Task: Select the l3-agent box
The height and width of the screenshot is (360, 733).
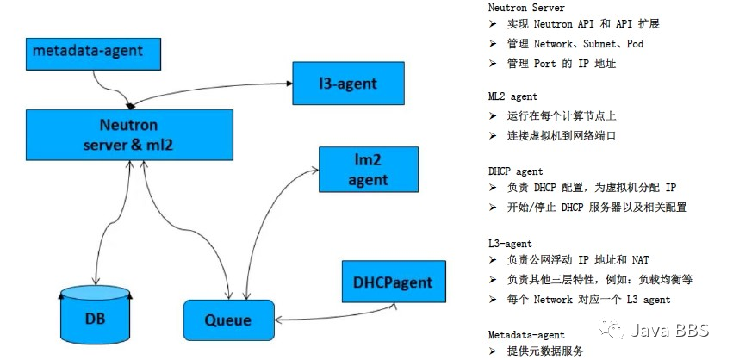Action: tap(347, 84)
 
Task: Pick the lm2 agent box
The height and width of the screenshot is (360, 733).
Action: tap(368, 169)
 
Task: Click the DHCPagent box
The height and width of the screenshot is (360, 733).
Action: tap(392, 282)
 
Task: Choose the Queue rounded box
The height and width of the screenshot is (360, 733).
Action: tap(227, 320)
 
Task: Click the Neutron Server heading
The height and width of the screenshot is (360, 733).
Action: tap(526, 8)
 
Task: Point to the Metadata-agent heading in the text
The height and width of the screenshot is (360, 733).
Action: tap(526, 334)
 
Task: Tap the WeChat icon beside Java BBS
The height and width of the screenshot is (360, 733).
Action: tap(614, 330)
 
